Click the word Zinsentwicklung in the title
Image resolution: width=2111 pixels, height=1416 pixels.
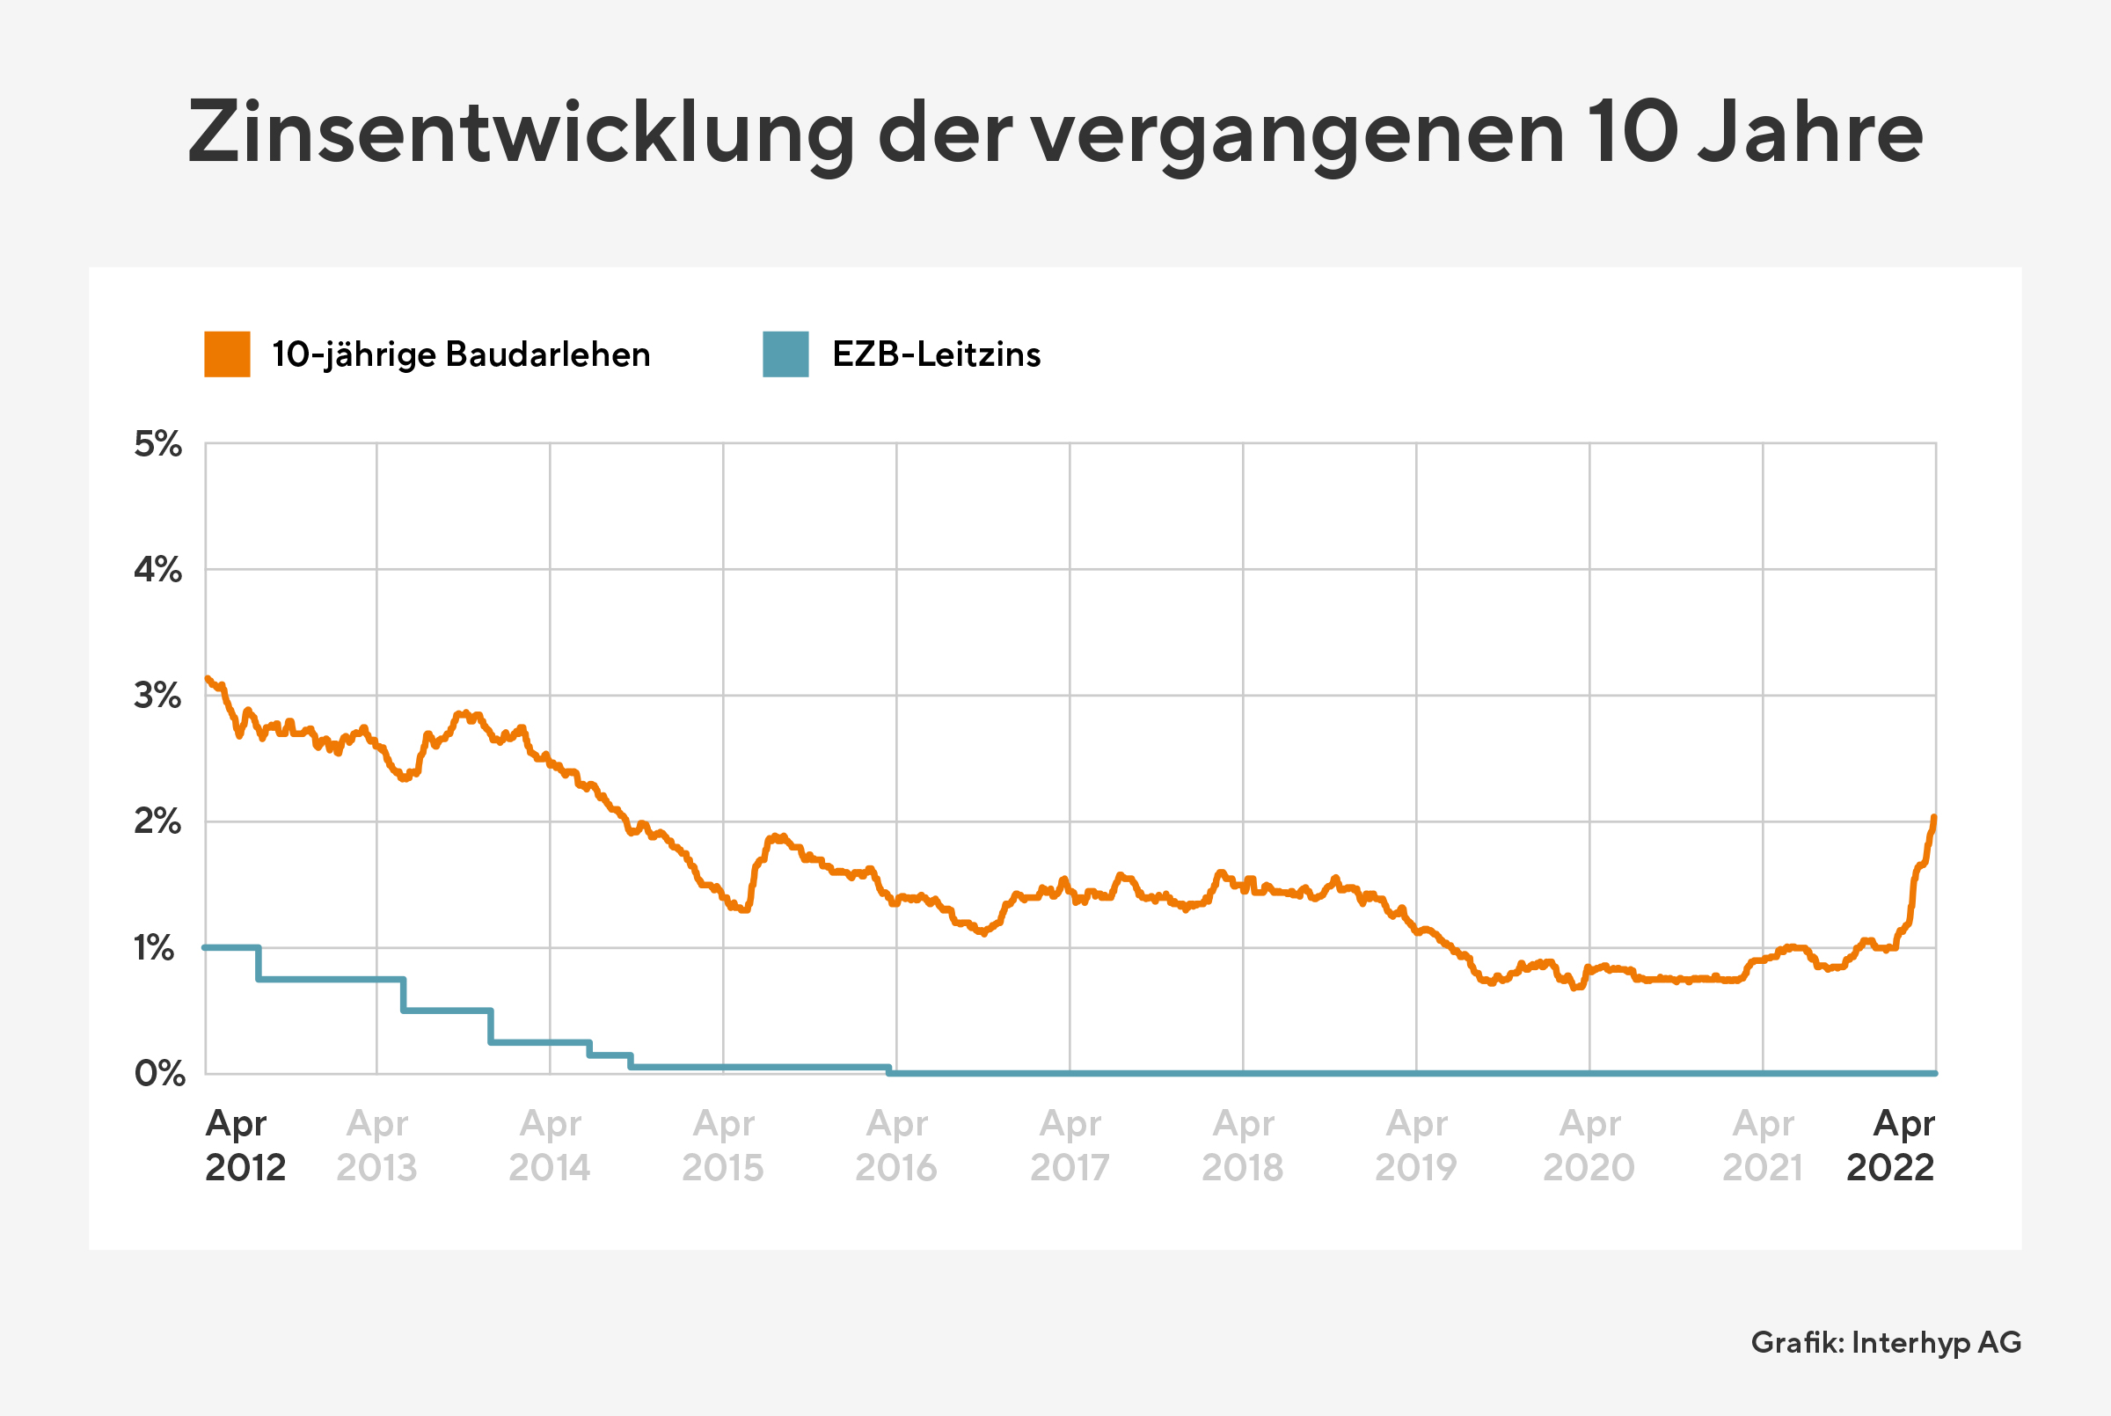(x=520, y=134)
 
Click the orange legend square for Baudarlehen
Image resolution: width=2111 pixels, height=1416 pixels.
(x=227, y=354)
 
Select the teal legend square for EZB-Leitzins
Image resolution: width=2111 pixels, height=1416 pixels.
(x=785, y=354)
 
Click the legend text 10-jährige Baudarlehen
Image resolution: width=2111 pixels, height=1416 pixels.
(x=461, y=354)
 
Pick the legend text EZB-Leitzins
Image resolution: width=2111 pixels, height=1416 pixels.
(x=936, y=354)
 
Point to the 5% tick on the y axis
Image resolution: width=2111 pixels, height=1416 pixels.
(x=158, y=444)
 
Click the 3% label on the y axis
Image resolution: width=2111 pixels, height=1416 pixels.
(x=158, y=696)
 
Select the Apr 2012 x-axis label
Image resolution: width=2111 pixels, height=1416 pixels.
(x=244, y=1145)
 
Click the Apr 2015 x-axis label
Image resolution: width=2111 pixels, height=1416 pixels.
(x=722, y=1145)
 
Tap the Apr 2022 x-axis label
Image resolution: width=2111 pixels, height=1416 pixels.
(x=1892, y=1145)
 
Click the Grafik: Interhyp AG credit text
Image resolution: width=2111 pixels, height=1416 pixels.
(x=1885, y=1343)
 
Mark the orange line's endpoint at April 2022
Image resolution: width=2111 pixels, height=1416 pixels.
(x=1934, y=818)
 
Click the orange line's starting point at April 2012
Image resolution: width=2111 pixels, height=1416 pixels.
(x=208, y=678)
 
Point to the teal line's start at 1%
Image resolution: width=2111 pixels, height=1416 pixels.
(x=207, y=947)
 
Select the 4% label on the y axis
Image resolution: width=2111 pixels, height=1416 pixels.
(x=158, y=570)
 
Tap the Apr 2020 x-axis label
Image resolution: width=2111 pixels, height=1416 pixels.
(x=1589, y=1145)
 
